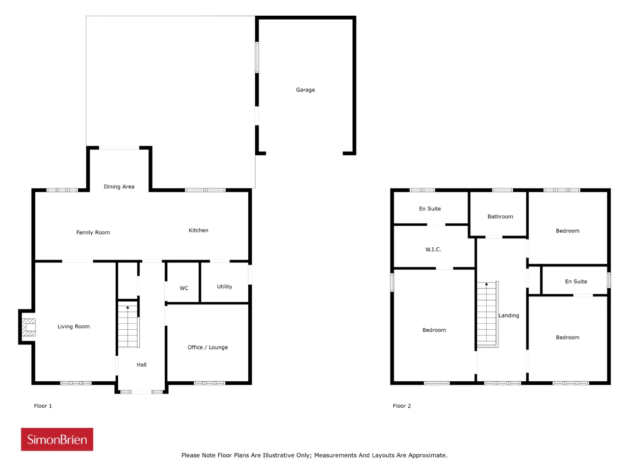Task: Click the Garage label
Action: [x=305, y=90]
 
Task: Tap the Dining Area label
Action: [x=119, y=186]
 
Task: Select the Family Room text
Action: [x=93, y=232]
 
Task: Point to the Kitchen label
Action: [x=198, y=230]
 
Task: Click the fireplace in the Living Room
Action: [x=28, y=327]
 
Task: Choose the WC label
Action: [x=184, y=288]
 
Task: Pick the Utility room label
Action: [x=224, y=287]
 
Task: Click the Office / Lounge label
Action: [x=208, y=347]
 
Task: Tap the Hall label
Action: [x=141, y=365]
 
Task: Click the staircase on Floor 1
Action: [x=128, y=326]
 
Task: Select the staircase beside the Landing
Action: [x=487, y=314]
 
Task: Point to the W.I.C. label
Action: [x=433, y=249]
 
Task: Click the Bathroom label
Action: [x=500, y=216]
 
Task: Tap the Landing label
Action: [x=508, y=315]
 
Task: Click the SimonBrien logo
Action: [x=57, y=439]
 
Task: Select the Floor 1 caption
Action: [x=43, y=406]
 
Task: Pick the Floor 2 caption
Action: [x=401, y=406]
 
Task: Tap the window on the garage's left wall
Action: [x=257, y=57]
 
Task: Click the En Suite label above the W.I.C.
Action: [x=429, y=209]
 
